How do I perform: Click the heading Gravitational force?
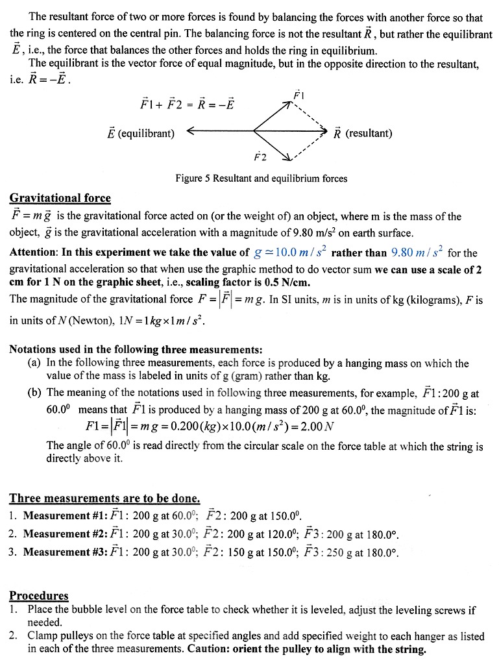(60, 198)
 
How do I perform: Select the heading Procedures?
(38, 595)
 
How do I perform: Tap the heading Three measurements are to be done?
(104, 498)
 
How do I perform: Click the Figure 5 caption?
(261, 178)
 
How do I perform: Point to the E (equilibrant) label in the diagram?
(141, 133)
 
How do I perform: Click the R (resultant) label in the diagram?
(363, 133)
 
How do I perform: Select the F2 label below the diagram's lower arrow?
(260, 156)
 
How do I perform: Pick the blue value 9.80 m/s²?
(417, 252)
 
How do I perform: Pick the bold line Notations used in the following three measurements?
(136, 349)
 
